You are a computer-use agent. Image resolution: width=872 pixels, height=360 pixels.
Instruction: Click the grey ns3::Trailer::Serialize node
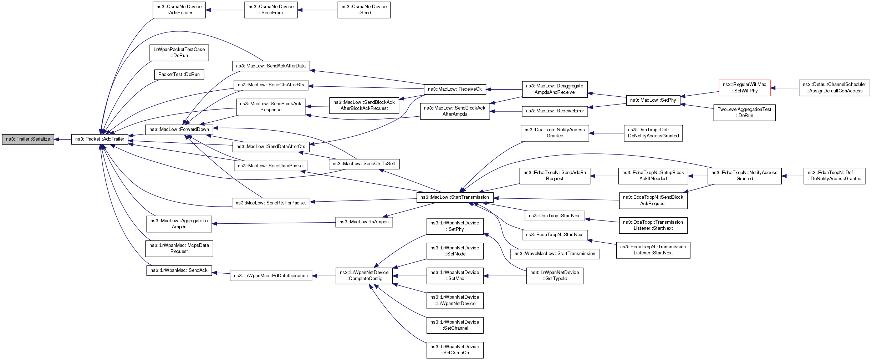[x=28, y=139]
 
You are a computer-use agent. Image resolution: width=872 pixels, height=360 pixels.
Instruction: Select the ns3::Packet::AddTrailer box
[x=100, y=139]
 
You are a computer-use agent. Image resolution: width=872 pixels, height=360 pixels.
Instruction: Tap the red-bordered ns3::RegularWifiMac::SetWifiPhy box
[x=744, y=88]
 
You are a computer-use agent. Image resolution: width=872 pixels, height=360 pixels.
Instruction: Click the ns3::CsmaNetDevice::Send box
[x=364, y=10]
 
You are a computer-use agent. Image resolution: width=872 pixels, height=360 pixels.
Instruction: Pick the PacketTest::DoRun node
[x=179, y=75]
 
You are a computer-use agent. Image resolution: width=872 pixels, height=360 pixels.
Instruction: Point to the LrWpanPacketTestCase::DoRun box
[x=179, y=52]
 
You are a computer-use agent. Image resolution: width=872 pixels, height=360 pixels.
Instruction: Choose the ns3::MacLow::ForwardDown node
[x=179, y=130]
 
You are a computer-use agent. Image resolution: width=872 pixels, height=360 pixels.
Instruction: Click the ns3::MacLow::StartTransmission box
[x=455, y=197]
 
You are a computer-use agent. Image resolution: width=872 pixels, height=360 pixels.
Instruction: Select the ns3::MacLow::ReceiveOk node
[x=455, y=89]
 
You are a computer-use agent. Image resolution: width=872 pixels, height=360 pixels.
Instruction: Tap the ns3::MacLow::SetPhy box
[x=653, y=100]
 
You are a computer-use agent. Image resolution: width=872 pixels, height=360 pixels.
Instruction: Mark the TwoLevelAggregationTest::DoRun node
[x=744, y=112]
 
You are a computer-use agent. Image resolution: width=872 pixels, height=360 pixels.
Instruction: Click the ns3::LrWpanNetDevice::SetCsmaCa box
[x=455, y=350]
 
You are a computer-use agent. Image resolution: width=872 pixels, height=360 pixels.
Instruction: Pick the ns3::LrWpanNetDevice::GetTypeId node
[x=555, y=275]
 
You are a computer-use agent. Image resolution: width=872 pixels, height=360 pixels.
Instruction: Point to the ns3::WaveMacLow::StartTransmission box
[x=555, y=254]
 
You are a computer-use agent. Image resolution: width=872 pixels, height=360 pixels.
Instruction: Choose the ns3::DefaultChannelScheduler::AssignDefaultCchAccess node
[x=834, y=88]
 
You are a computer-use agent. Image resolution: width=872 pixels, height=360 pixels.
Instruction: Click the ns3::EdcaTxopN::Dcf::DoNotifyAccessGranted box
[x=834, y=176]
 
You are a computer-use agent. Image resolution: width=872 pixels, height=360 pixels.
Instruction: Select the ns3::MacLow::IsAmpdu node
[x=364, y=222]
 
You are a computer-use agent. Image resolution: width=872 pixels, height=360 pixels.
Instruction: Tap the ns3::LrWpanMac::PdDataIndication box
[x=271, y=276]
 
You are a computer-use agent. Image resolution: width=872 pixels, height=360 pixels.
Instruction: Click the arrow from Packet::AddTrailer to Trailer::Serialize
[x=63, y=140]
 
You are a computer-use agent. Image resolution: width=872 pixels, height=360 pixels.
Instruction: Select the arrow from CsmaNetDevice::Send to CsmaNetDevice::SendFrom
[x=317, y=10]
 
